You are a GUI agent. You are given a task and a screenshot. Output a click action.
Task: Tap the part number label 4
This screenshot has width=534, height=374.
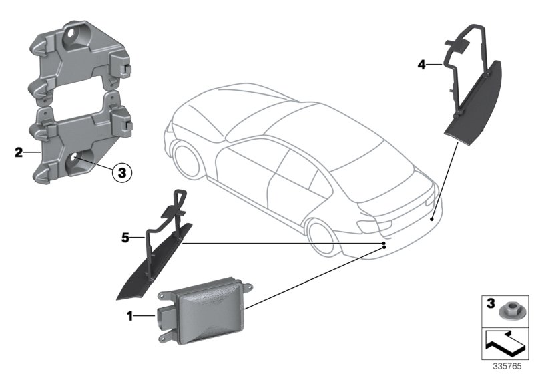[x=421, y=65]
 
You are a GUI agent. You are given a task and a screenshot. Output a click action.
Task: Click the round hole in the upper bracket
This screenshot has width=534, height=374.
[x=74, y=35]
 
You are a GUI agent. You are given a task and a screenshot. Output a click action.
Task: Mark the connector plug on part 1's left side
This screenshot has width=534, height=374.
[x=163, y=317]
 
